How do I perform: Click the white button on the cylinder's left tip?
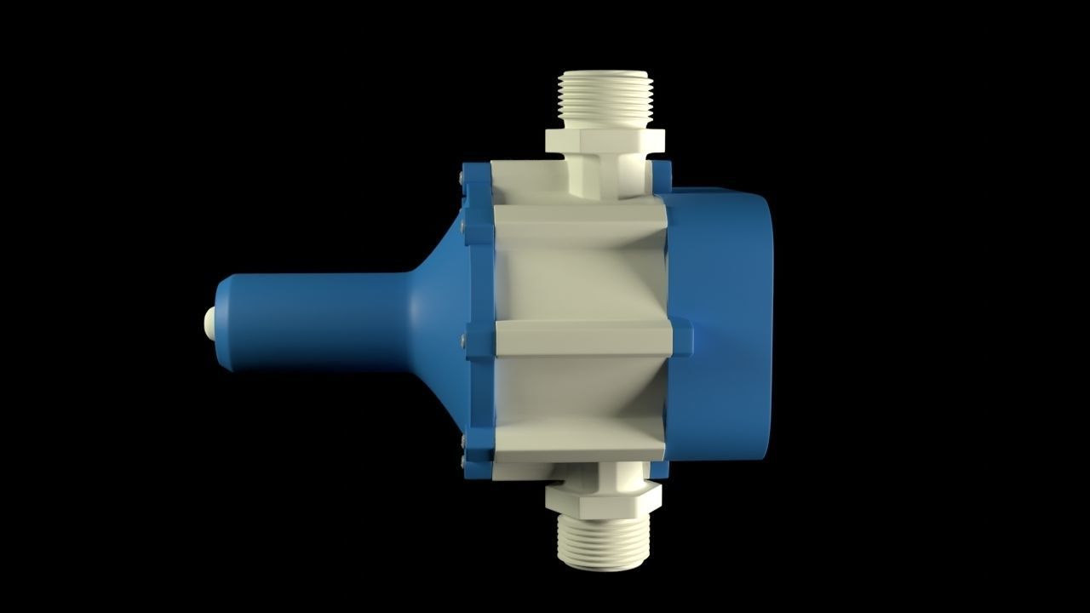click(209, 322)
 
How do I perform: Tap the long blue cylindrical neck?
click(315, 322)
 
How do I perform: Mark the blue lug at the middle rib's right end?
click(682, 338)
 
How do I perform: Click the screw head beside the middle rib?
click(462, 340)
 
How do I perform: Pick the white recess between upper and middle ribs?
click(579, 281)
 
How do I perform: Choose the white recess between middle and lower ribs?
click(579, 396)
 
